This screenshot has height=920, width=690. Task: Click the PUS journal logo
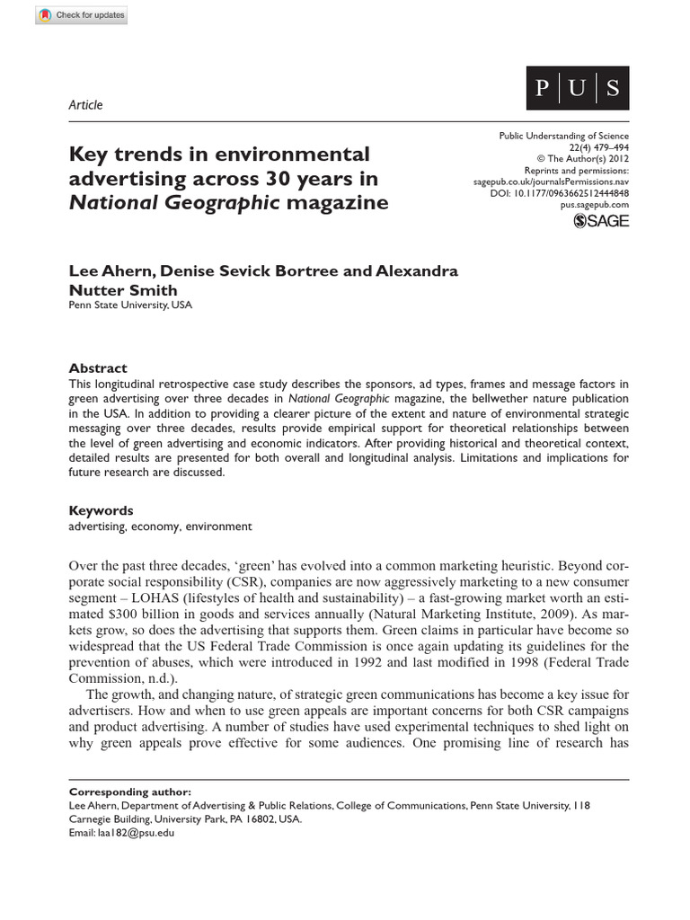coord(577,89)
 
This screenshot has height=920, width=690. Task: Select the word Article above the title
coord(86,105)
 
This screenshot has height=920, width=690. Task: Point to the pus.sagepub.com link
coord(595,205)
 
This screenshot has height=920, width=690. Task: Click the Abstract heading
coord(98,368)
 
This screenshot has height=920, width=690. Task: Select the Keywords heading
coord(102,510)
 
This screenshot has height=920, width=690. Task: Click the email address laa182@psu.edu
coord(121,833)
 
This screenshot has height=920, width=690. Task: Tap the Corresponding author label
coord(129,792)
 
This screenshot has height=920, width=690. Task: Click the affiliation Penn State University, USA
coord(130,305)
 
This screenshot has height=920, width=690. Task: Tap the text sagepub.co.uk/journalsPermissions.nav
coord(551,181)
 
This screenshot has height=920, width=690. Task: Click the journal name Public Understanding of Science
coord(563,134)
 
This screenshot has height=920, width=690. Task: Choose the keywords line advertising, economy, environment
coord(161,527)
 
